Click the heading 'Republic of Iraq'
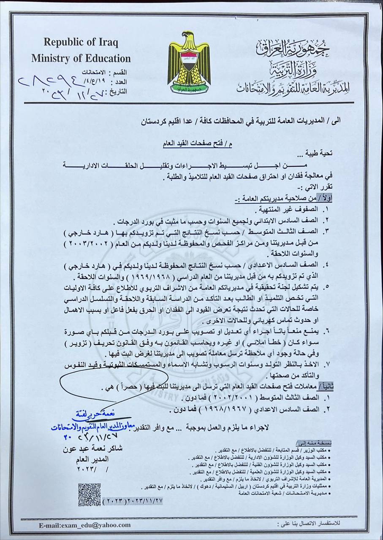click(81, 42)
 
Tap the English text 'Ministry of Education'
click(81, 58)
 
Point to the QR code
click(90, 494)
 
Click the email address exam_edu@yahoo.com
click(84, 525)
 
